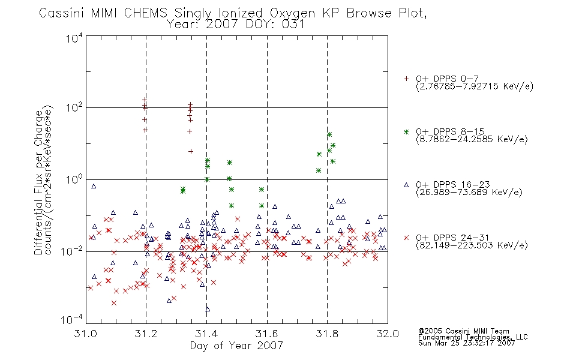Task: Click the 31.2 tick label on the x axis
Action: pos(146,334)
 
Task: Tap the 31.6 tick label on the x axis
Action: pos(267,334)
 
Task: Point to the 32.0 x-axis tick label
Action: pos(388,334)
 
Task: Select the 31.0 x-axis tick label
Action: pos(85,334)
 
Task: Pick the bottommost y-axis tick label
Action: pos(72,320)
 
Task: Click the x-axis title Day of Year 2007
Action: pos(236,346)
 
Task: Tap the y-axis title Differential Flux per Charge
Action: pos(38,182)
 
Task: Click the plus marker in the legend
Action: pos(406,79)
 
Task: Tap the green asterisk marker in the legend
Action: pos(406,131)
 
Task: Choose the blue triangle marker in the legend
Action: pos(406,185)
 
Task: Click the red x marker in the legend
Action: pos(406,238)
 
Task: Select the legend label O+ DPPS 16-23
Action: pos(453,184)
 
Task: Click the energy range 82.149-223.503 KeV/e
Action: pos(472,245)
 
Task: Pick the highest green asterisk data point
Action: pos(329,134)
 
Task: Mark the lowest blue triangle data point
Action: pos(208,309)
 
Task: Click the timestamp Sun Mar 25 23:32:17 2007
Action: pos(467,343)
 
